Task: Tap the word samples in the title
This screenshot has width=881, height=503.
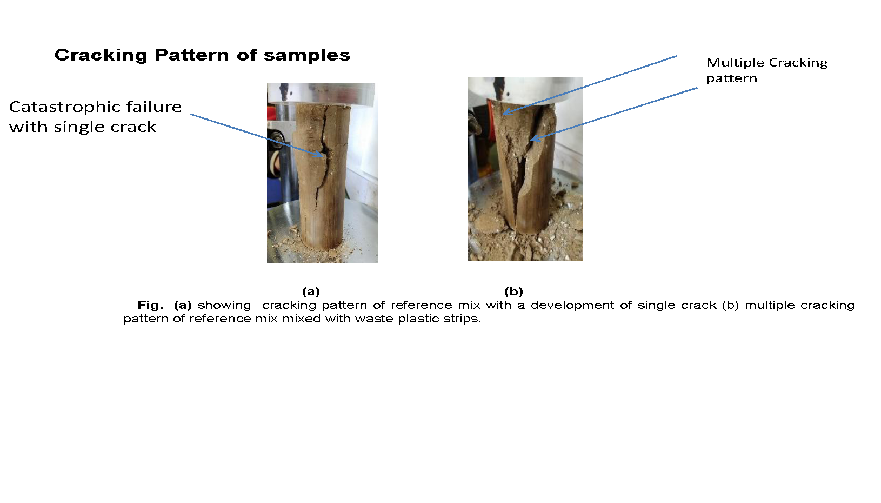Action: click(x=307, y=55)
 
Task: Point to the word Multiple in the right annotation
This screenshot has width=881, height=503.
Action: click(x=735, y=63)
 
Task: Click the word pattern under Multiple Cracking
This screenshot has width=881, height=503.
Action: click(x=731, y=79)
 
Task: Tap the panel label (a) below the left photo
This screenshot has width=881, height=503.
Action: click(x=311, y=292)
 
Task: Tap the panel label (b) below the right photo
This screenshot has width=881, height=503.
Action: click(x=513, y=292)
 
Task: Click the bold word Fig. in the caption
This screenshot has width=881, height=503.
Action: click(x=150, y=305)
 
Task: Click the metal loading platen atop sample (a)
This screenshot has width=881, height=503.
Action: click(x=321, y=95)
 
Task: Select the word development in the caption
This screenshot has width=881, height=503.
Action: click(x=572, y=306)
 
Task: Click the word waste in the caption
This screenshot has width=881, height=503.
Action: click(x=373, y=319)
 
